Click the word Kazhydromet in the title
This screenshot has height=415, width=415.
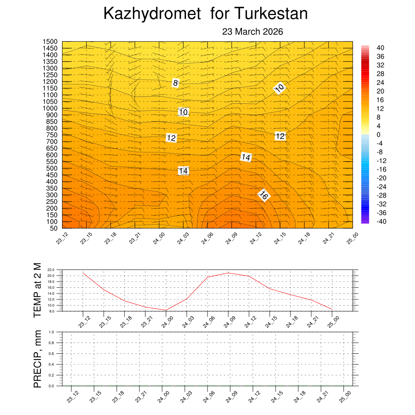152,14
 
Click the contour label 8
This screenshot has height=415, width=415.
175,83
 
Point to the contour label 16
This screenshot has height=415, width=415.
264,195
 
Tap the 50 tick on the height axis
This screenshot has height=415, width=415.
53,228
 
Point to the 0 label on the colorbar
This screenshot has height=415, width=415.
378,135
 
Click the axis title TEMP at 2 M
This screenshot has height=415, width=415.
37,290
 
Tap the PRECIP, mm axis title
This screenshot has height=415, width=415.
37,358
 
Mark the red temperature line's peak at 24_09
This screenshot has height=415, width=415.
229,273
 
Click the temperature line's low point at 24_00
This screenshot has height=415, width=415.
166,310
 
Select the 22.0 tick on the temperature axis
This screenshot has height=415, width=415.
51,270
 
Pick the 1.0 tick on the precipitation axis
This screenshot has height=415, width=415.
52,332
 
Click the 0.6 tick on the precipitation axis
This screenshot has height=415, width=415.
52,354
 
